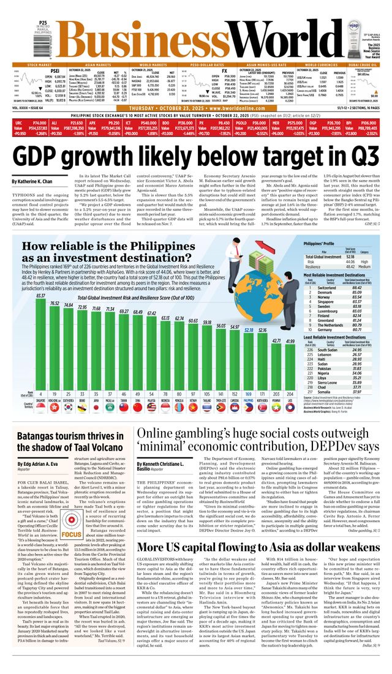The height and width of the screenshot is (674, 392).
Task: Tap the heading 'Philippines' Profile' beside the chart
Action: [320, 244]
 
